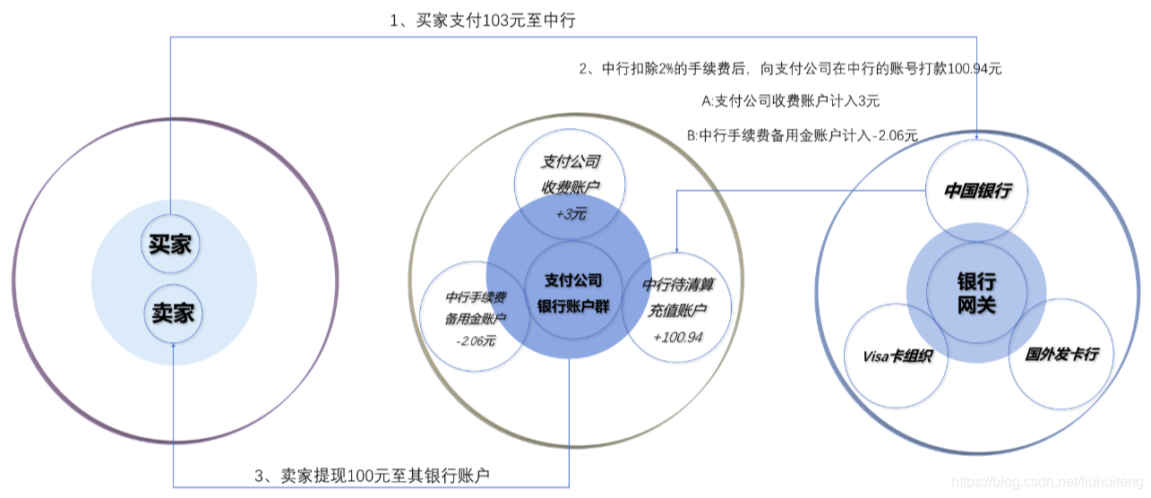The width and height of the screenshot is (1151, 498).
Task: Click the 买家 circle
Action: pos(169,244)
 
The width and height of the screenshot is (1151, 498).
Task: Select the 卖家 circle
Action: pos(174,313)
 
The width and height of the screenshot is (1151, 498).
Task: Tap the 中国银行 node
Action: pos(977,191)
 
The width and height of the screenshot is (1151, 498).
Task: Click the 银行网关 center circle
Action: pos(975,293)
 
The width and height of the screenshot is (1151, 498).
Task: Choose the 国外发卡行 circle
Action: pos(1061,354)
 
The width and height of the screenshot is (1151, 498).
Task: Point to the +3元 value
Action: pos(570,214)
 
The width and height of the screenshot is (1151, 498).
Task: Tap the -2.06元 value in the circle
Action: pos(476,341)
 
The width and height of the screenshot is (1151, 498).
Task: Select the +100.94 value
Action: pos(677,337)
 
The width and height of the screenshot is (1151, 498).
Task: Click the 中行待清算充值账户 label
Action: pos(677,296)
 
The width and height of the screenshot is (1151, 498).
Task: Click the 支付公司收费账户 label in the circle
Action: pos(570,175)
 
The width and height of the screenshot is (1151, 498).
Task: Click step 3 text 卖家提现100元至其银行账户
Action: pos(373,475)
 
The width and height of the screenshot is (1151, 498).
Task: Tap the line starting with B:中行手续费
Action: pos(803,135)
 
